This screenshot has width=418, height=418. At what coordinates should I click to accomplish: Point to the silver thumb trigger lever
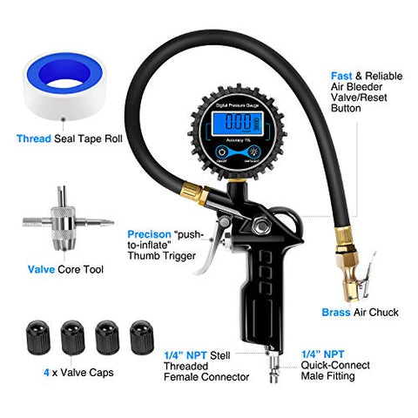click(x=212, y=258)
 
